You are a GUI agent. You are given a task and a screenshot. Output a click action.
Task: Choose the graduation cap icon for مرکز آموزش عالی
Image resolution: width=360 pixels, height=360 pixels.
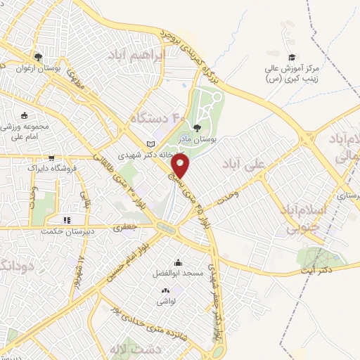(291, 58)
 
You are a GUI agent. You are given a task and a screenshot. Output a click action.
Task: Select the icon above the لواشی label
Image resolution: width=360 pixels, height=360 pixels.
(166, 290)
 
